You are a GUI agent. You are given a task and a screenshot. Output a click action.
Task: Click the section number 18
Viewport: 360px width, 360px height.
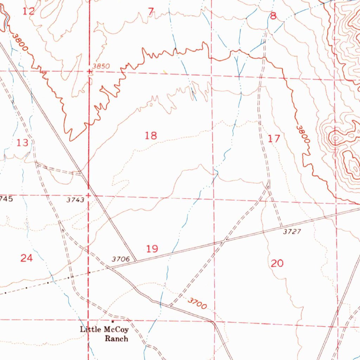tap(151, 135)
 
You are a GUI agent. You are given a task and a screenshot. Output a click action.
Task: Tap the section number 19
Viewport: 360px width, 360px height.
tap(152, 249)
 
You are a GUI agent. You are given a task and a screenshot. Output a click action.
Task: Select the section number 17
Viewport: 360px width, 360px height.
tap(274, 139)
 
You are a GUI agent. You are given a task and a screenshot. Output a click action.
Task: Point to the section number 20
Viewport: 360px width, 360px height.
tap(277, 263)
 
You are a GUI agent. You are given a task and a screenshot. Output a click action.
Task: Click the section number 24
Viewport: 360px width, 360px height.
tap(26, 258)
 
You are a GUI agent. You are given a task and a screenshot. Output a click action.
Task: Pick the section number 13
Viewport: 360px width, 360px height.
tap(22, 142)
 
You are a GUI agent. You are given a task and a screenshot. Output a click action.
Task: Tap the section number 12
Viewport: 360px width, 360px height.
tap(29, 11)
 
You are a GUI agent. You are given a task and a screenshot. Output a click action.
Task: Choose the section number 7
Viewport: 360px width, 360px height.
tap(151, 12)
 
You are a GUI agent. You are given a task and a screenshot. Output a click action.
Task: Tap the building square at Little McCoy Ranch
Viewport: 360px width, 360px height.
tap(113, 321)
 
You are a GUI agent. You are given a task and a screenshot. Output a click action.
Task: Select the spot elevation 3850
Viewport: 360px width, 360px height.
tap(102, 66)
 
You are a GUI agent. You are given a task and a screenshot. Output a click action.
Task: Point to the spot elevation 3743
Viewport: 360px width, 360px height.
tap(75, 200)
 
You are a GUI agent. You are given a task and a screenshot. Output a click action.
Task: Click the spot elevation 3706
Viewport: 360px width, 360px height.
tap(121, 259)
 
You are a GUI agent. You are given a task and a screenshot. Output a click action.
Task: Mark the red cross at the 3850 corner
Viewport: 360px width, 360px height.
tap(90, 71)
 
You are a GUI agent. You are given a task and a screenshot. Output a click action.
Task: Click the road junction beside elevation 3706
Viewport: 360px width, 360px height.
tap(136, 261)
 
